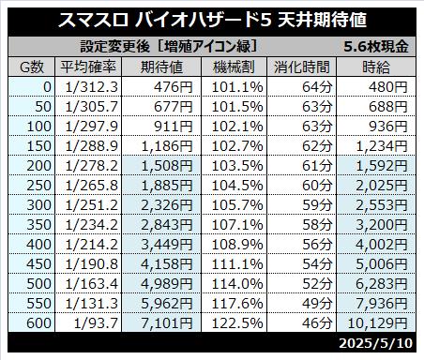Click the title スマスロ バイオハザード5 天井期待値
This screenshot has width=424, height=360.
click(x=212, y=21)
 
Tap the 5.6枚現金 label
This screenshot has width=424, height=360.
click(x=376, y=47)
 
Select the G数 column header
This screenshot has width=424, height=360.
click(x=32, y=67)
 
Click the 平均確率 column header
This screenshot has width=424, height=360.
click(x=88, y=67)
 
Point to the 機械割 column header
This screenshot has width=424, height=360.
click(x=234, y=67)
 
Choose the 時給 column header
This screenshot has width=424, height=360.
click(x=376, y=67)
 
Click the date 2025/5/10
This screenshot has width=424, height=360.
click(x=376, y=343)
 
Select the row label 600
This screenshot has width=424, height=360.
click(x=38, y=323)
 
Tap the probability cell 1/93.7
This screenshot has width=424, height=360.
click(x=96, y=323)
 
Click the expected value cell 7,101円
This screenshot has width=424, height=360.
click(x=167, y=323)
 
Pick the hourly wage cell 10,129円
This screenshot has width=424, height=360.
click(x=378, y=323)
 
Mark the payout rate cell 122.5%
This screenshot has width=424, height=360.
click(x=237, y=323)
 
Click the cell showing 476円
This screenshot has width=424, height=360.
click(x=174, y=87)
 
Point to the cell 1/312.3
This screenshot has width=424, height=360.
click(x=92, y=87)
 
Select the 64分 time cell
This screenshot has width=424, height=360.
click(x=317, y=87)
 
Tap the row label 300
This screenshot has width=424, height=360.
click(x=38, y=205)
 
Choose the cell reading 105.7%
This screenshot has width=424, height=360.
click(x=237, y=205)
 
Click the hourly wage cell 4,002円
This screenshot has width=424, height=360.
click(x=382, y=245)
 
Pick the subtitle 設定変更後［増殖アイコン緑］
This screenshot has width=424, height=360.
click(x=169, y=47)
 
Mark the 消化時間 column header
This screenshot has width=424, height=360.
click(x=302, y=67)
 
